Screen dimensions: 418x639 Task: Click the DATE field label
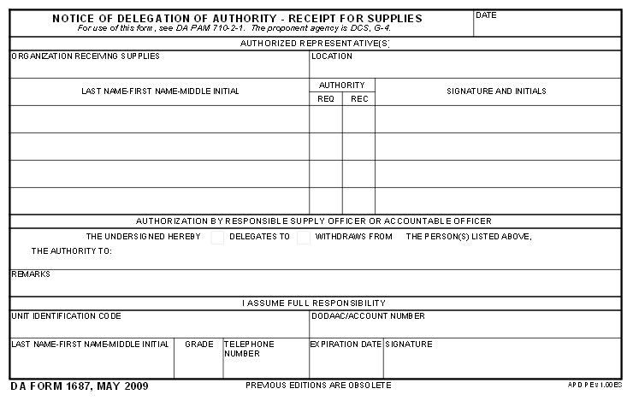point(486,15)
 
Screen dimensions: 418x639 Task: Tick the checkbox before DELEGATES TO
point(217,238)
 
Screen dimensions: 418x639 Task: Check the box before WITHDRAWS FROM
point(304,238)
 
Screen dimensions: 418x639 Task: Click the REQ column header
point(326,99)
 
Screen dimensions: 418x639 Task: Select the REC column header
point(359,99)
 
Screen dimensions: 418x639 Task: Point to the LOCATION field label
point(332,56)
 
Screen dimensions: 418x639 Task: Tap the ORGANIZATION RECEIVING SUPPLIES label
point(86,56)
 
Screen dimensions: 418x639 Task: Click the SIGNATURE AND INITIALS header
point(496,91)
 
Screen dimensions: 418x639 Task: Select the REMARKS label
point(31,274)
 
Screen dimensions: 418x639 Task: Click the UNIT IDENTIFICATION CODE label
point(66,316)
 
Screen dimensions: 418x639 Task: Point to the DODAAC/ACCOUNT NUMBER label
point(368,316)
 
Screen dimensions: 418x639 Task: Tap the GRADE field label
point(199,344)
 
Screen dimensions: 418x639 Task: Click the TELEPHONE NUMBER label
point(249,349)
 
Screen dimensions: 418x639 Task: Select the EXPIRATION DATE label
point(346,344)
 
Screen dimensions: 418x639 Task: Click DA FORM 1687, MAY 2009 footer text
point(80,386)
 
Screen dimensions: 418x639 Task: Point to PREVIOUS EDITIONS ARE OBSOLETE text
point(318,386)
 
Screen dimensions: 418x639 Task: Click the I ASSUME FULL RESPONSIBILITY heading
point(314,303)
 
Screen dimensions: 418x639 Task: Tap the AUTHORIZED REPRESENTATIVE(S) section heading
point(315,43)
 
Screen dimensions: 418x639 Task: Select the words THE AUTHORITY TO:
point(72,252)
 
